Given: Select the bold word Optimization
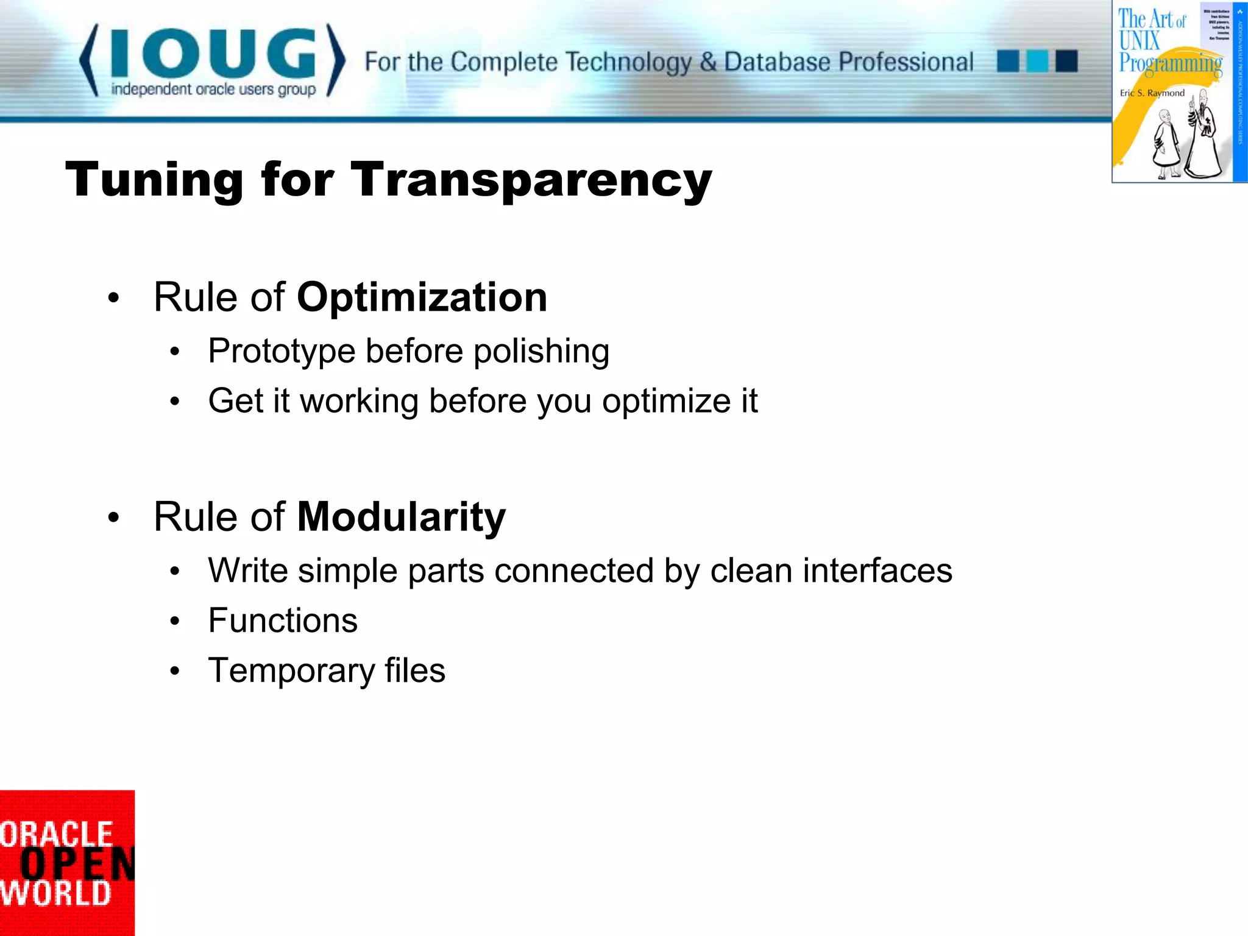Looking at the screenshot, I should [x=422, y=297].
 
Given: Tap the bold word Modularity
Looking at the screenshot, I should [x=401, y=517].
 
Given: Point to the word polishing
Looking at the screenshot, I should [x=541, y=352].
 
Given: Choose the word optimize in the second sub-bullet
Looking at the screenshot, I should [x=667, y=402].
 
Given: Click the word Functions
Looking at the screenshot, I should [x=283, y=620].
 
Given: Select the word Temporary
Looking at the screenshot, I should [x=291, y=671].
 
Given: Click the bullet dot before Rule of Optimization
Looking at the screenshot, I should [x=113, y=299].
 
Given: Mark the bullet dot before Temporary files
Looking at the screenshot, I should [x=175, y=672].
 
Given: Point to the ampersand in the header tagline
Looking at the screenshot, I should [x=707, y=62].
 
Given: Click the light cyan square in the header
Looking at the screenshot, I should [x=1037, y=62].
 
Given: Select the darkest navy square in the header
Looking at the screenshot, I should [x=1066, y=62].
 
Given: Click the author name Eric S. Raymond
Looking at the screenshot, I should [x=1152, y=93].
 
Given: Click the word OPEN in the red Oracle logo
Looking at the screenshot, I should [x=76, y=864].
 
